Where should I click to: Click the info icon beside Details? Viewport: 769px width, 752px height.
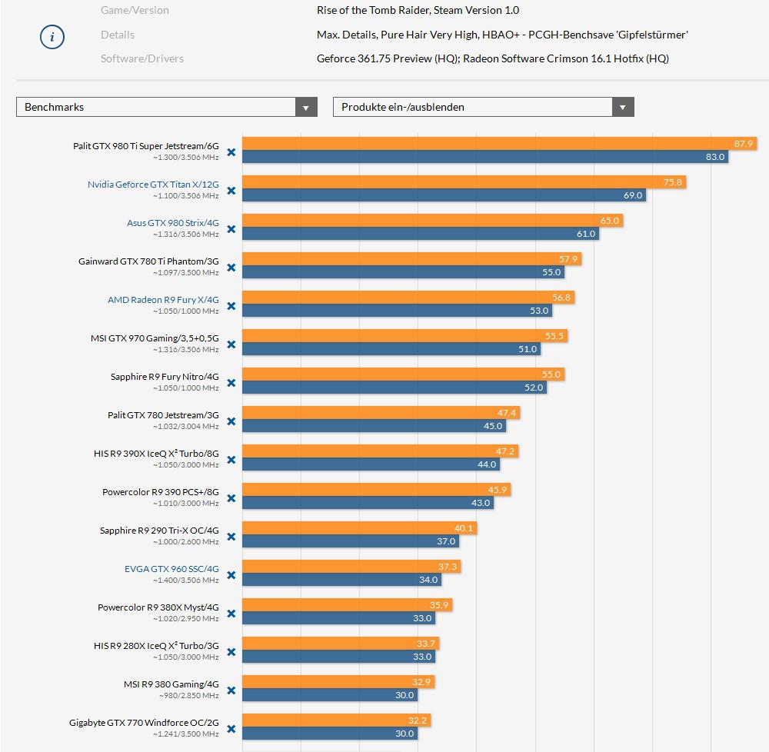tap(52, 36)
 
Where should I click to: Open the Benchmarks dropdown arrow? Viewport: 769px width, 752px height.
tap(306, 108)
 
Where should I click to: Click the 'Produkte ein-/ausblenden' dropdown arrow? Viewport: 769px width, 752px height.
tap(623, 108)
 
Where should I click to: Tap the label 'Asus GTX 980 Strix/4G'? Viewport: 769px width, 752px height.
tap(172, 223)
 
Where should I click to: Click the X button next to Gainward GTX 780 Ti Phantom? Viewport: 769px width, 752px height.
tap(231, 268)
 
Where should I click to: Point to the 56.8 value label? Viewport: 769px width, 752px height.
tap(561, 298)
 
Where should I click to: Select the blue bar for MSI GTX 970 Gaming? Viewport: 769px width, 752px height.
tap(391, 349)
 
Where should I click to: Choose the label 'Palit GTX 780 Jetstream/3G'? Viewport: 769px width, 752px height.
tap(163, 415)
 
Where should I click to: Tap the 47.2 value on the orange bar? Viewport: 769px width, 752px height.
tap(505, 451)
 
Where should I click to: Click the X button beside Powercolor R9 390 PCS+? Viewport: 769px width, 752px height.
tap(231, 499)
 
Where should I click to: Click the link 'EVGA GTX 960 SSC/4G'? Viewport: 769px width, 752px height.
tap(171, 569)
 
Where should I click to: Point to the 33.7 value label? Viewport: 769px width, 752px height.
tap(426, 644)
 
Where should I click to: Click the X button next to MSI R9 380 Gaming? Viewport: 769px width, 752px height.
tap(231, 691)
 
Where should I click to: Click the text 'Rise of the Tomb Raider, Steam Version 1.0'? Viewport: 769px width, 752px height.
tap(418, 11)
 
